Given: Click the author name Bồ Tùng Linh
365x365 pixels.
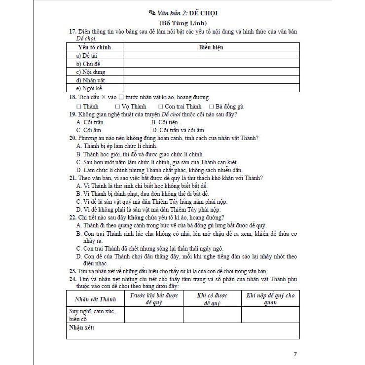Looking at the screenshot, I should point(182,22).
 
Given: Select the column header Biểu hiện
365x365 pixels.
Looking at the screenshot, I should point(211,47).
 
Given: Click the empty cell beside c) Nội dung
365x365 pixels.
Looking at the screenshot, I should point(211,72).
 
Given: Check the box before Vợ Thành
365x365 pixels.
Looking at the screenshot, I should point(117,107).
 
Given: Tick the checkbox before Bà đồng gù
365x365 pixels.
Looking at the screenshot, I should point(212,107).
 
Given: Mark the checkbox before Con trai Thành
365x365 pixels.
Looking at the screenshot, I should point(161,107).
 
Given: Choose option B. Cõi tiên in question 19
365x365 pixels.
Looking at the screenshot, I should point(165,122).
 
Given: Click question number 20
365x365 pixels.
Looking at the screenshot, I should point(73,138).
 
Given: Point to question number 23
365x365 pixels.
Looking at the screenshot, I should point(73,271).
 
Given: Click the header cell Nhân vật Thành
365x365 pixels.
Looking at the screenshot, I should point(95,299).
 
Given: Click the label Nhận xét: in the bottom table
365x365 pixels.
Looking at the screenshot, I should point(82,328).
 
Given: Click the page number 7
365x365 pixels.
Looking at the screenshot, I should point(295,354).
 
